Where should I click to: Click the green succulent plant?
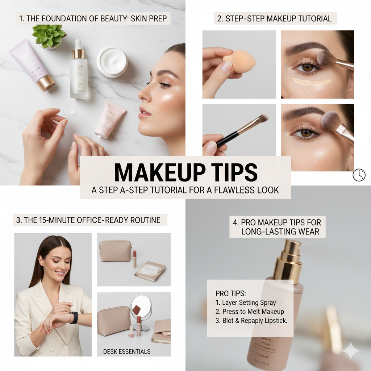tap(49, 35)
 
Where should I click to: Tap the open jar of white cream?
tap(112, 62)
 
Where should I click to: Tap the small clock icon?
tap(359, 175)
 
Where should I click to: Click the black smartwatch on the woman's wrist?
tap(74, 317)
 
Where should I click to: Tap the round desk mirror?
tap(141, 307)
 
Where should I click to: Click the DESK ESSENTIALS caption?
tap(126, 351)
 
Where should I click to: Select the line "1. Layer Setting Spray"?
tap(245, 303)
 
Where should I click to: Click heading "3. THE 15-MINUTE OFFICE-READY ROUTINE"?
tap(88, 220)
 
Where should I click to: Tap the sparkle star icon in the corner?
tap(351, 351)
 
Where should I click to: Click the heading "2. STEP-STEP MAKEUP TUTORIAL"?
tap(275, 19)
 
